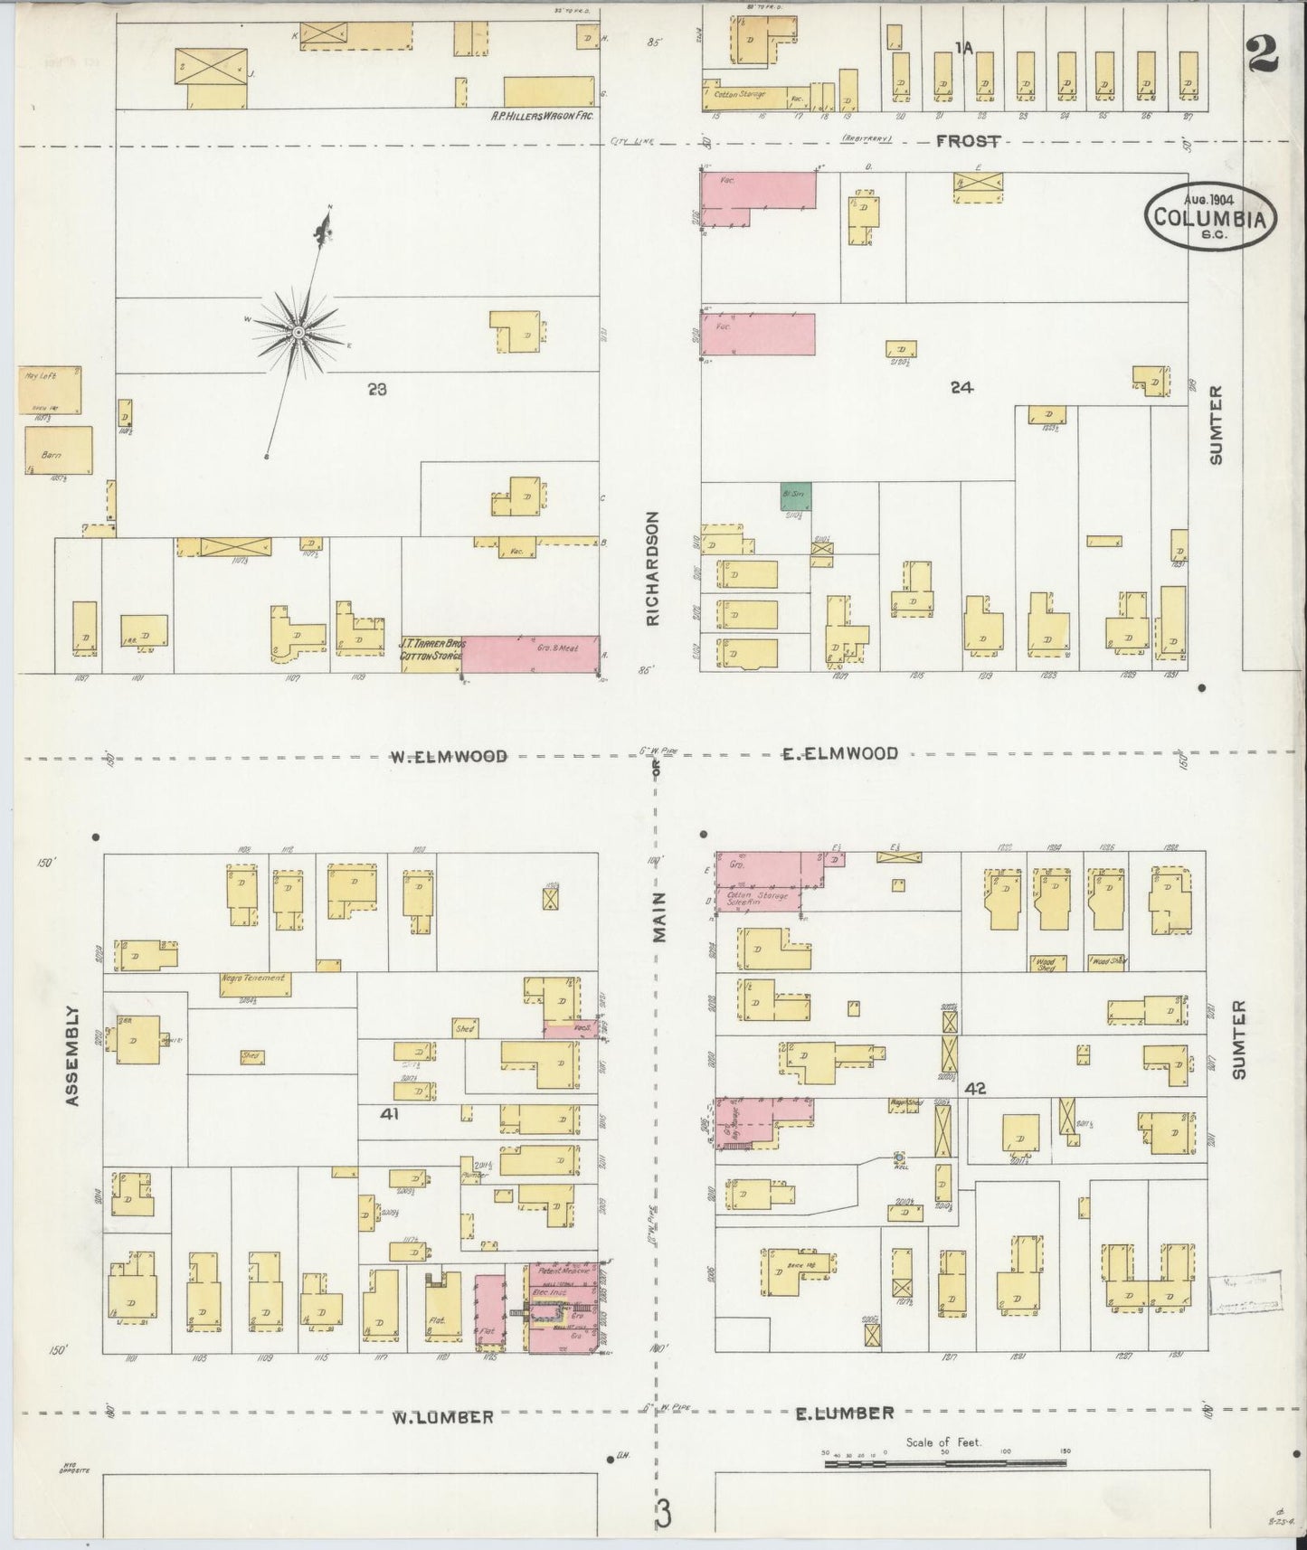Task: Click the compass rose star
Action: coord(298,333)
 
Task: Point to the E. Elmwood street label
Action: coord(840,752)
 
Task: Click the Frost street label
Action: coord(968,141)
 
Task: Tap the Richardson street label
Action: coord(653,569)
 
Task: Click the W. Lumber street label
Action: coord(443,1417)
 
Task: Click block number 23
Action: coord(377,390)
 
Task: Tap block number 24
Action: coord(961,387)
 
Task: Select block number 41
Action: coord(390,1114)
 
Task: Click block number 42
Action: coord(974,1089)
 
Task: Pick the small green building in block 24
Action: coord(796,496)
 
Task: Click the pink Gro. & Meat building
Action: coord(532,654)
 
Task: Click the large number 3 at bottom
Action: coord(665,1514)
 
